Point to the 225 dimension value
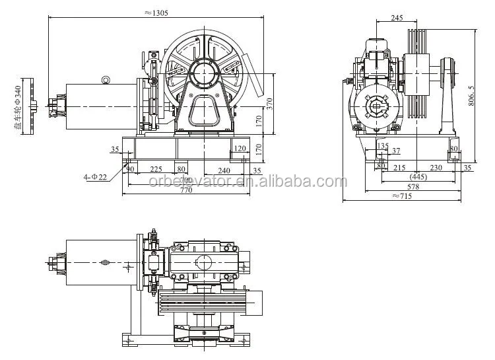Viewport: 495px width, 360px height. click(156, 169)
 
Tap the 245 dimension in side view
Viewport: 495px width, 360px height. click(396, 18)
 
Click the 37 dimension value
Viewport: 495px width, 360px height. click(395, 152)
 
